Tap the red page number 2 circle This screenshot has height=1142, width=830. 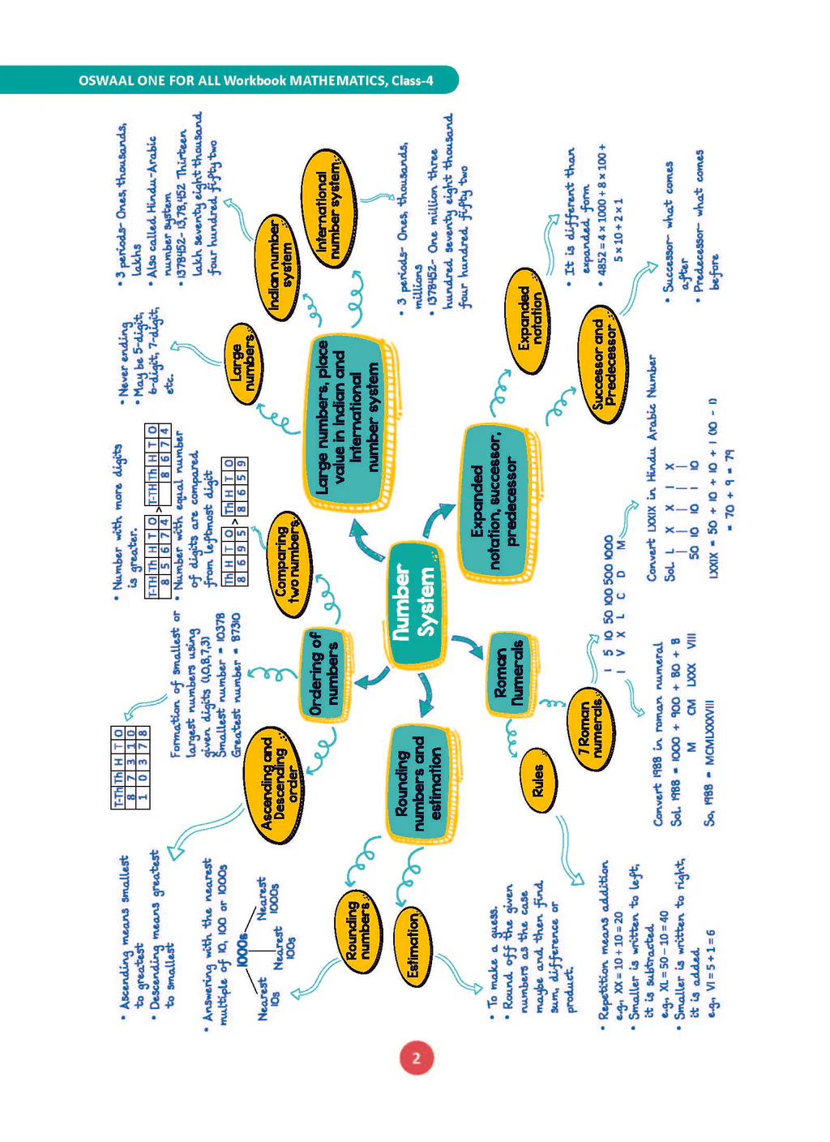click(x=416, y=1058)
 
